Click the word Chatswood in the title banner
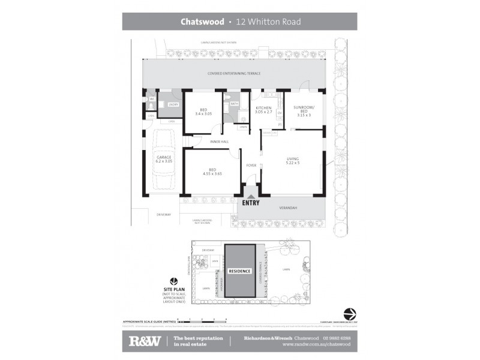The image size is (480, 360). (x=202, y=22)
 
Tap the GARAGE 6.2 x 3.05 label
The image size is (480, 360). (x=164, y=159)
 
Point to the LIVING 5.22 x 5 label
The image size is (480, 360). (x=292, y=160)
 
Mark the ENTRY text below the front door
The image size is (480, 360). (x=251, y=203)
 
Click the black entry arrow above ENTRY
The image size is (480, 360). (x=251, y=193)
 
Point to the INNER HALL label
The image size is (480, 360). (x=219, y=142)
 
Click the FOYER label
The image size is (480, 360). (x=251, y=165)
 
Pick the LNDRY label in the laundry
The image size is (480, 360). (x=173, y=105)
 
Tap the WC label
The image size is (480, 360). (x=152, y=99)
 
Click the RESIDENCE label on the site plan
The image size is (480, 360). (x=239, y=271)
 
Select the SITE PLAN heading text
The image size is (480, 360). (x=173, y=289)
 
